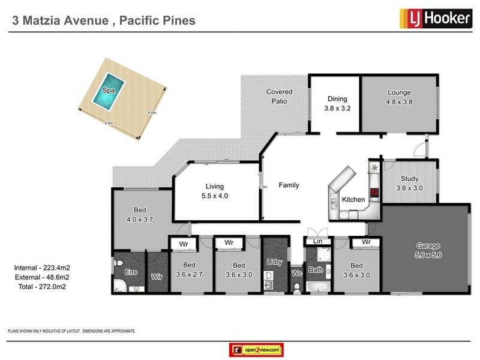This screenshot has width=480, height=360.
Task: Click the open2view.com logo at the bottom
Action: tap(256, 349)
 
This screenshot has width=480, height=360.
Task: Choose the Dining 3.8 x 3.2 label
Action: tap(337, 104)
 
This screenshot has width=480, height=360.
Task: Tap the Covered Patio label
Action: tap(279, 96)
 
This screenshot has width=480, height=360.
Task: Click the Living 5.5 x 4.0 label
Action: tap(215, 191)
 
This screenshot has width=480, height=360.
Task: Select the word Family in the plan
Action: tap(289, 185)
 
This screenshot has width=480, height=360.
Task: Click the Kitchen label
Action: tap(353, 199)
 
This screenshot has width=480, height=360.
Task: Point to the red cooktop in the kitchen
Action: tap(373, 193)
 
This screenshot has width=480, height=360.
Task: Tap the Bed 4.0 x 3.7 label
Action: tap(141, 215)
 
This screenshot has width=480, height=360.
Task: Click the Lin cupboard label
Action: tap(318, 241)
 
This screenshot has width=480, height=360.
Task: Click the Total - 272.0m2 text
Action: tap(40, 287)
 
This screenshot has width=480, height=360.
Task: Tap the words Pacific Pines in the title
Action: tap(158, 21)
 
